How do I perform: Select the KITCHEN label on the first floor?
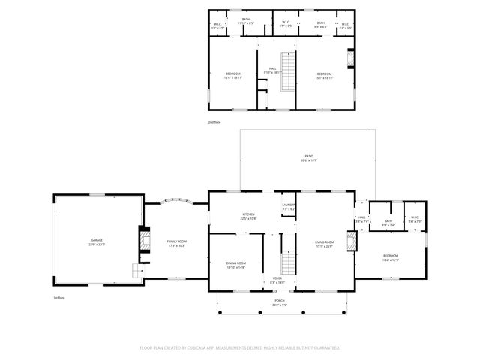click(249, 216)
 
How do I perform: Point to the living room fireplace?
click(349, 241)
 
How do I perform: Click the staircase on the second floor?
click(286, 72)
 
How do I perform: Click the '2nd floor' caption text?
click(215, 121)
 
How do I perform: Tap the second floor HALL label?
click(273, 70)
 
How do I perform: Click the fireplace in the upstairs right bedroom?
click(349, 59)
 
